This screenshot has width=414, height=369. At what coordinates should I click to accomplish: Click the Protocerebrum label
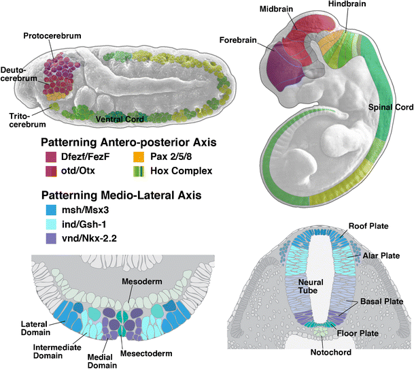[48, 35]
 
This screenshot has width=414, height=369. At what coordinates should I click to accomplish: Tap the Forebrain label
[239, 40]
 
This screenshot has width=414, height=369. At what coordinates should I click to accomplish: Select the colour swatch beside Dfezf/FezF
[50, 157]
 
